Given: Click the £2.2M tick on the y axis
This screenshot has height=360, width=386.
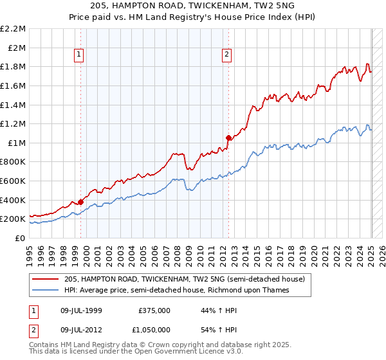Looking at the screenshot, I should click(x=13, y=29).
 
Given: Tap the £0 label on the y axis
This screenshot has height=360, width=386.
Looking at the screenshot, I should click(x=20, y=238).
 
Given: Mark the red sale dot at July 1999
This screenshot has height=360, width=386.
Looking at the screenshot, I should click(x=81, y=202).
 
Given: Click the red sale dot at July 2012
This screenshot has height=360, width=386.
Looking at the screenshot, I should click(x=228, y=138).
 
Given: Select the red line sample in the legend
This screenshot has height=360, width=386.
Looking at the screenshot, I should click(x=46, y=279).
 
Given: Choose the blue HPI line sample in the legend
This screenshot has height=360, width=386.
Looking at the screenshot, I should click(x=46, y=290).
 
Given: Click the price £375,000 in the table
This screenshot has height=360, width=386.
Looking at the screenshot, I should click(x=154, y=310).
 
